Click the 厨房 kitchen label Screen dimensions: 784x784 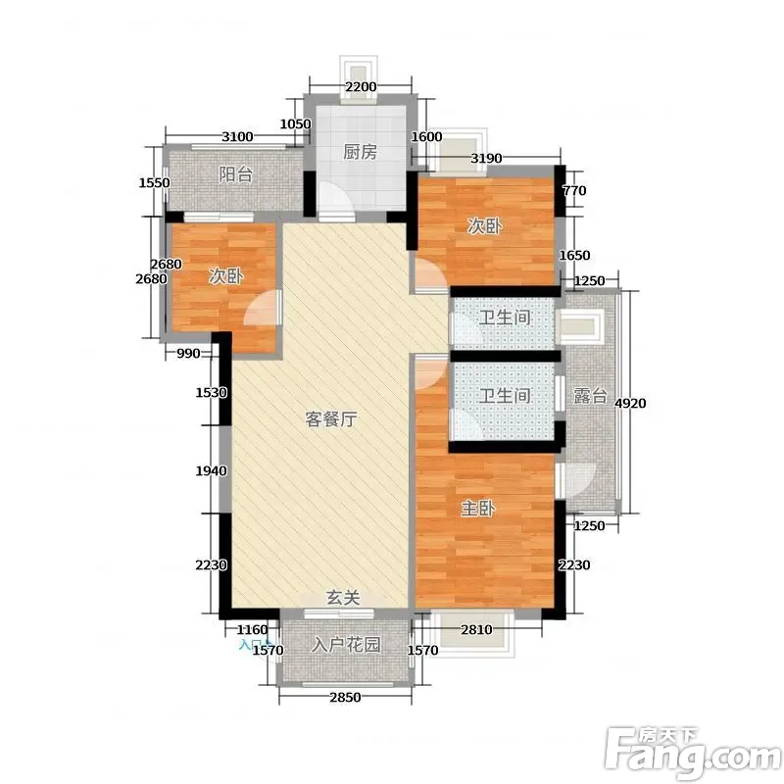pyautogui.click(x=360, y=152)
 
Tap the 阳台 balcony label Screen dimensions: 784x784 pyautogui.click(x=236, y=175)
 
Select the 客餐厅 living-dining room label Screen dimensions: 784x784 pyautogui.click(x=331, y=419)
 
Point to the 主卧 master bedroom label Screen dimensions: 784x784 pyautogui.click(x=478, y=509)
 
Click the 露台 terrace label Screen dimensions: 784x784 pyautogui.click(x=590, y=396)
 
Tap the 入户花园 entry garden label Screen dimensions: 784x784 pyautogui.click(x=346, y=645)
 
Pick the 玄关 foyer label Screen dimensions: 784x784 pyautogui.click(x=343, y=598)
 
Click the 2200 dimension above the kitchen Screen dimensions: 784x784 pyautogui.click(x=361, y=86)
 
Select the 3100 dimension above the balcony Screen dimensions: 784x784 pyautogui.click(x=237, y=136)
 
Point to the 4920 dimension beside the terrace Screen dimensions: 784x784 pyautogui.click(x=630, y=403)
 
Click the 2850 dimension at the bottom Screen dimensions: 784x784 pyautogui.click(x=345, y=697)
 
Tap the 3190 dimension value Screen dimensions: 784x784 pyautogui.click(x=486, y=159)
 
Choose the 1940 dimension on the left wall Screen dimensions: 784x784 pyautogui.click(x=211, y=470)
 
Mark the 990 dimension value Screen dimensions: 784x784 pyautogui.click(x=188, y=354)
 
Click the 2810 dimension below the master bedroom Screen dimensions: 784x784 pyautogui.click(x=476, y=629)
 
